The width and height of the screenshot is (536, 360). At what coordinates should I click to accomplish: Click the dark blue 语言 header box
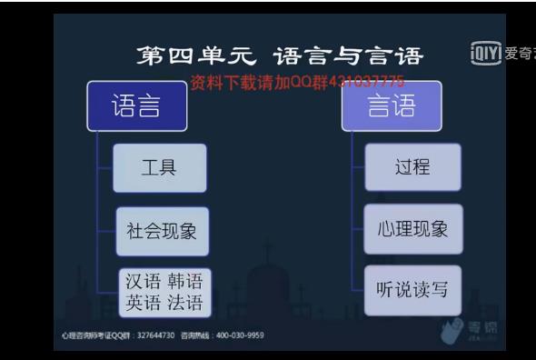point(137,106)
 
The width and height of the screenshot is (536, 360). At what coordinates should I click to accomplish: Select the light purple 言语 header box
point(392,106)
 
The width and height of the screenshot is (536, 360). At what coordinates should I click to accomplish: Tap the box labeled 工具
point(159,168)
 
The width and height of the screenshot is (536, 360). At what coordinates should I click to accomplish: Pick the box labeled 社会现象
point(161,230)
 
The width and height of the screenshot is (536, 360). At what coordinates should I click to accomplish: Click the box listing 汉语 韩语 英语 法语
point(164,292)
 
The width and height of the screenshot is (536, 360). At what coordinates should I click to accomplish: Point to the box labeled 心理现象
point(412,229)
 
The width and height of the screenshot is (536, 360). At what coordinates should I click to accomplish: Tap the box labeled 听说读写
point(412,291)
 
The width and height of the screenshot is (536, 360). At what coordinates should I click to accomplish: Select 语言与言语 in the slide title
point(348,56)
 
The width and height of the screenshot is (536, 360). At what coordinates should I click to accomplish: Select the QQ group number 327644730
point(155,335)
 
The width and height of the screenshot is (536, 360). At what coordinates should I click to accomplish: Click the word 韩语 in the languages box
point(185,281)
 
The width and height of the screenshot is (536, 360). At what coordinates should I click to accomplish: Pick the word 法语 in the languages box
point(185,303)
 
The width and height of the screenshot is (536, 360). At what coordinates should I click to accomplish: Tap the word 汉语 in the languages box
point(143,281)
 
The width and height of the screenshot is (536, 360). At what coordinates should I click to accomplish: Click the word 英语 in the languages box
point(143,303)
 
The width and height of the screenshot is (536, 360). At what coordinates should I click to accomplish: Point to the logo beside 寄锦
point(452,331)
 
